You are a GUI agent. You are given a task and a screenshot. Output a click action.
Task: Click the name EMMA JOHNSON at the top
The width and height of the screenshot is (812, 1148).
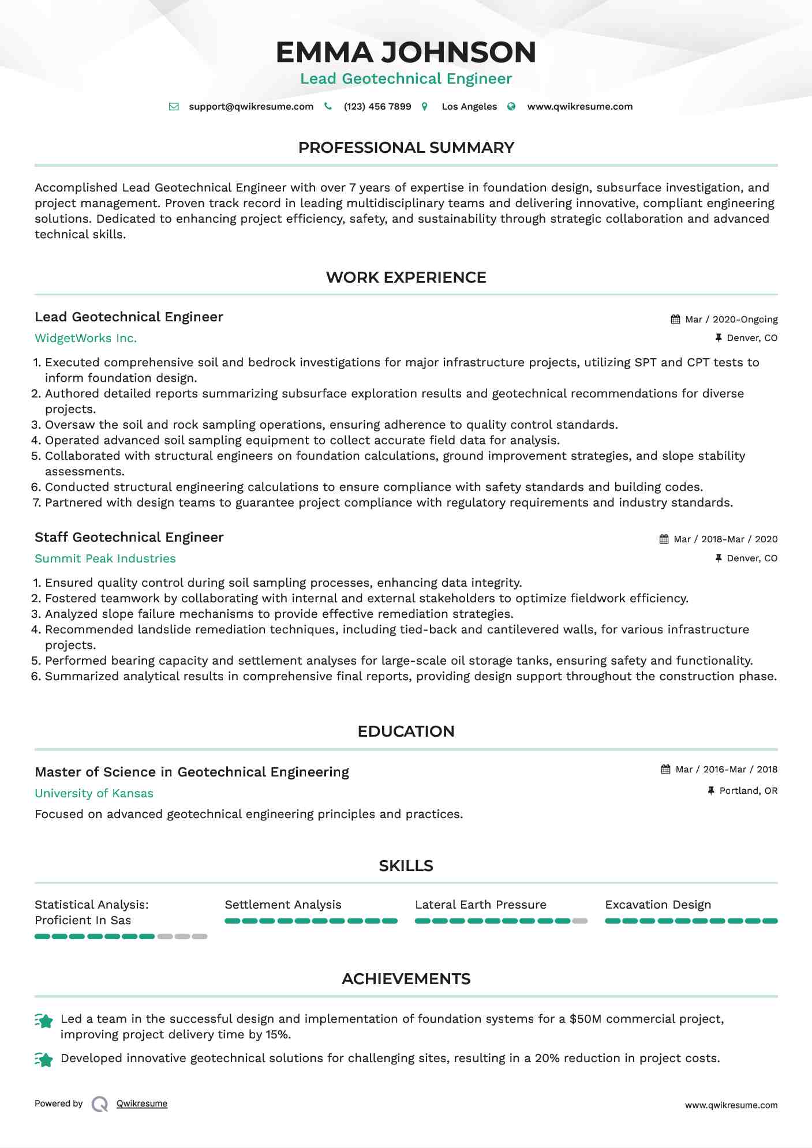(406, 52)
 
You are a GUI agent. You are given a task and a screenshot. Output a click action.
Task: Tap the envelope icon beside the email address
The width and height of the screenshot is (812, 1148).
(174, 107)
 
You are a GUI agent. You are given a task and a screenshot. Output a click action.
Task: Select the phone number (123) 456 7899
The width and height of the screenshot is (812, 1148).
(377, 107)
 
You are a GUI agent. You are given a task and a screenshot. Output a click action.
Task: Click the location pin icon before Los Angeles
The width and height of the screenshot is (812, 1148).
(425, 107)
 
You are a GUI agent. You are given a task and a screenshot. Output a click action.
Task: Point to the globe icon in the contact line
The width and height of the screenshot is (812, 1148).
(511, 107)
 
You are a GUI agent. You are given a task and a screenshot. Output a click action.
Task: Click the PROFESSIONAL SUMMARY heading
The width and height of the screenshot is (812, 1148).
(406, 148)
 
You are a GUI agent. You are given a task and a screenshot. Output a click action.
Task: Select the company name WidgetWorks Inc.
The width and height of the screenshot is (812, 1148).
(85, 339)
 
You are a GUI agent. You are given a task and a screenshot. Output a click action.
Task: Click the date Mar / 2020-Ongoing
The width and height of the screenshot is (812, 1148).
(731, 320)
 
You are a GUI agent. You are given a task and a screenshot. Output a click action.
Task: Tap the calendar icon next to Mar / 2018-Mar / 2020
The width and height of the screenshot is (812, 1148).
(664, 539)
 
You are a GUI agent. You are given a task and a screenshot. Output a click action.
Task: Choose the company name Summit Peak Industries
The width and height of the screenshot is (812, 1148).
(105, 558)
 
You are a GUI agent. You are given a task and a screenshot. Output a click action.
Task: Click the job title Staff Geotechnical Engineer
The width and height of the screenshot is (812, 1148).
(129, 537)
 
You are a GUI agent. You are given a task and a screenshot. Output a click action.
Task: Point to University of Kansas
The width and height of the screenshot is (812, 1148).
(94, 793)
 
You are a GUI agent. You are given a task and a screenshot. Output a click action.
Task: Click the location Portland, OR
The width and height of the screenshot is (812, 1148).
(748, 791)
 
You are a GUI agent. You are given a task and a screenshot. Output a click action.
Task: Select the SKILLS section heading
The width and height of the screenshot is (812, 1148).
(406, 866)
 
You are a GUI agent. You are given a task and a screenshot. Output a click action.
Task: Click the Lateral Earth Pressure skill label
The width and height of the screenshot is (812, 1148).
(480, 905)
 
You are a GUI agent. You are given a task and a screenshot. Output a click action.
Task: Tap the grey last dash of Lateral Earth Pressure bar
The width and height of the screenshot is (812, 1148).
(580, 921)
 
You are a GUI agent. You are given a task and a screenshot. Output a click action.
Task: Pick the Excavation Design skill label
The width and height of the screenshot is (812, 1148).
(658, 905)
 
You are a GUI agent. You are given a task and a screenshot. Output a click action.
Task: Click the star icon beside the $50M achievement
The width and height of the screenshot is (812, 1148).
(44, 1021)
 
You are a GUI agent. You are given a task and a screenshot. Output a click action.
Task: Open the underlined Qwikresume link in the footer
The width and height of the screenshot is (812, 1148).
(142, 1104)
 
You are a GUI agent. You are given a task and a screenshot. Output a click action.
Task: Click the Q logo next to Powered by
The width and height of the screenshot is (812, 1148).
(100, 1104)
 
